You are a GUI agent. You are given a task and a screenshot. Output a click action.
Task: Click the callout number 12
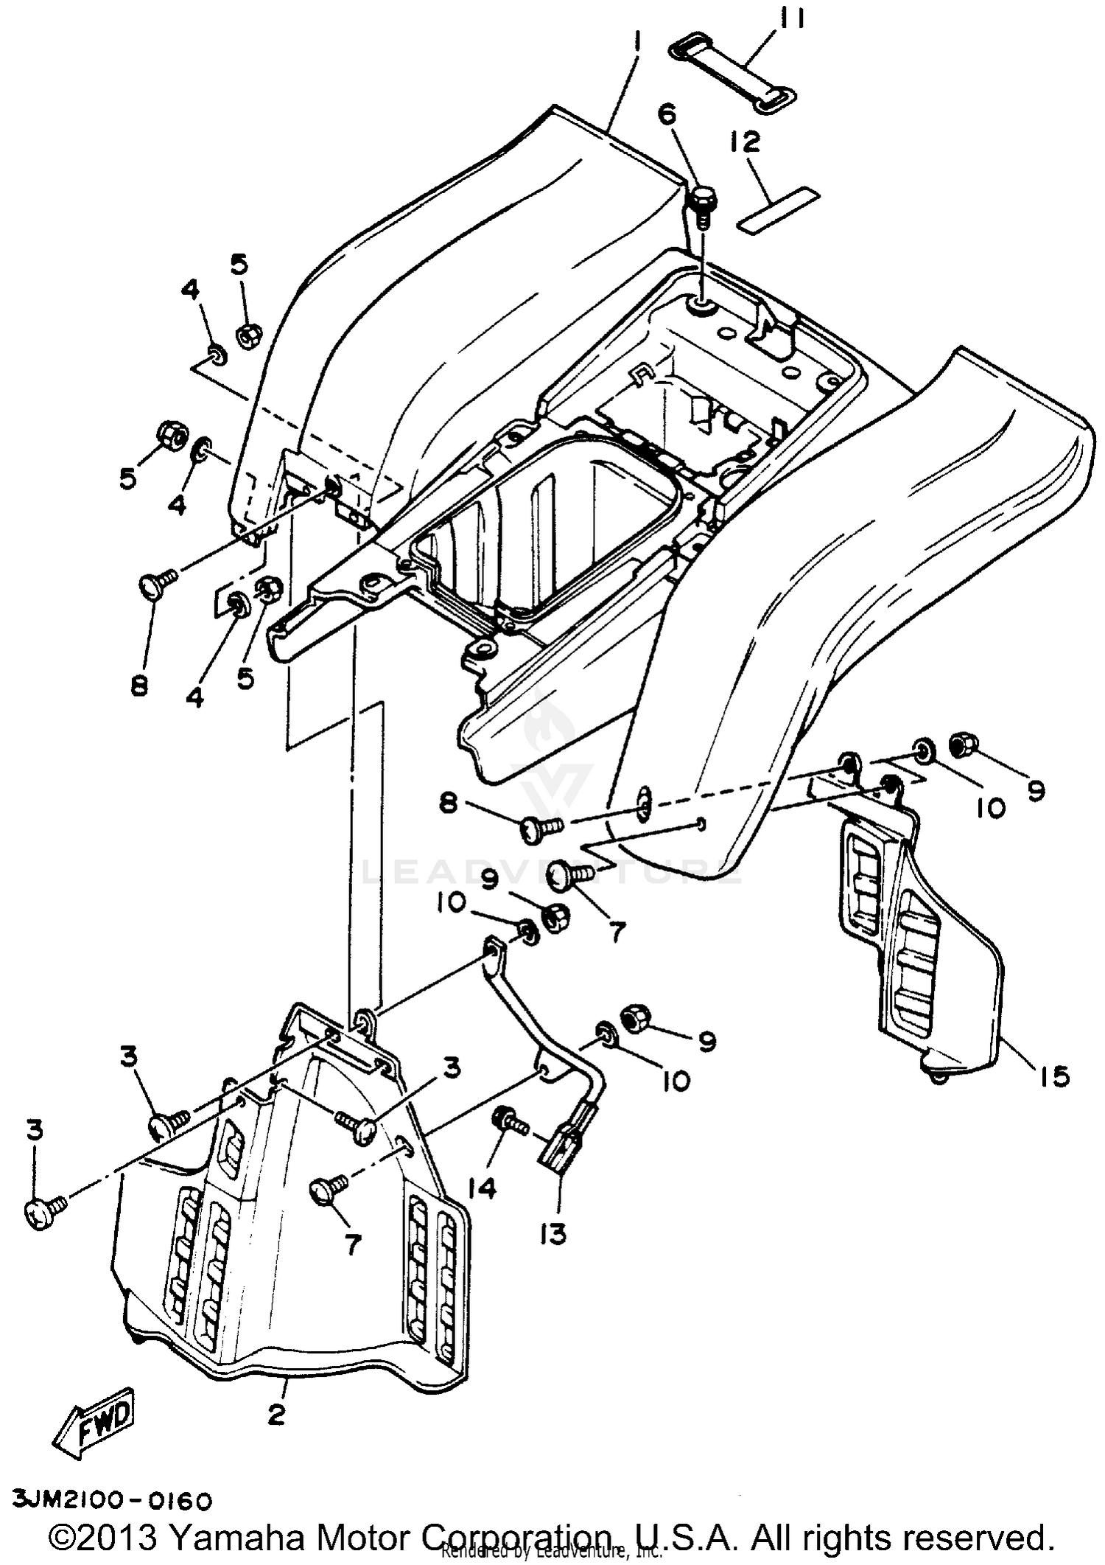pyautogui.click(x=746, y=142)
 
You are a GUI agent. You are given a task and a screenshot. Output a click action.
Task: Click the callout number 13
pyautogui.click(x=552, y=1233)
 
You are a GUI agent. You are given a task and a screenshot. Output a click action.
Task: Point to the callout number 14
pyautogui.click(x=482, y=1188)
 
